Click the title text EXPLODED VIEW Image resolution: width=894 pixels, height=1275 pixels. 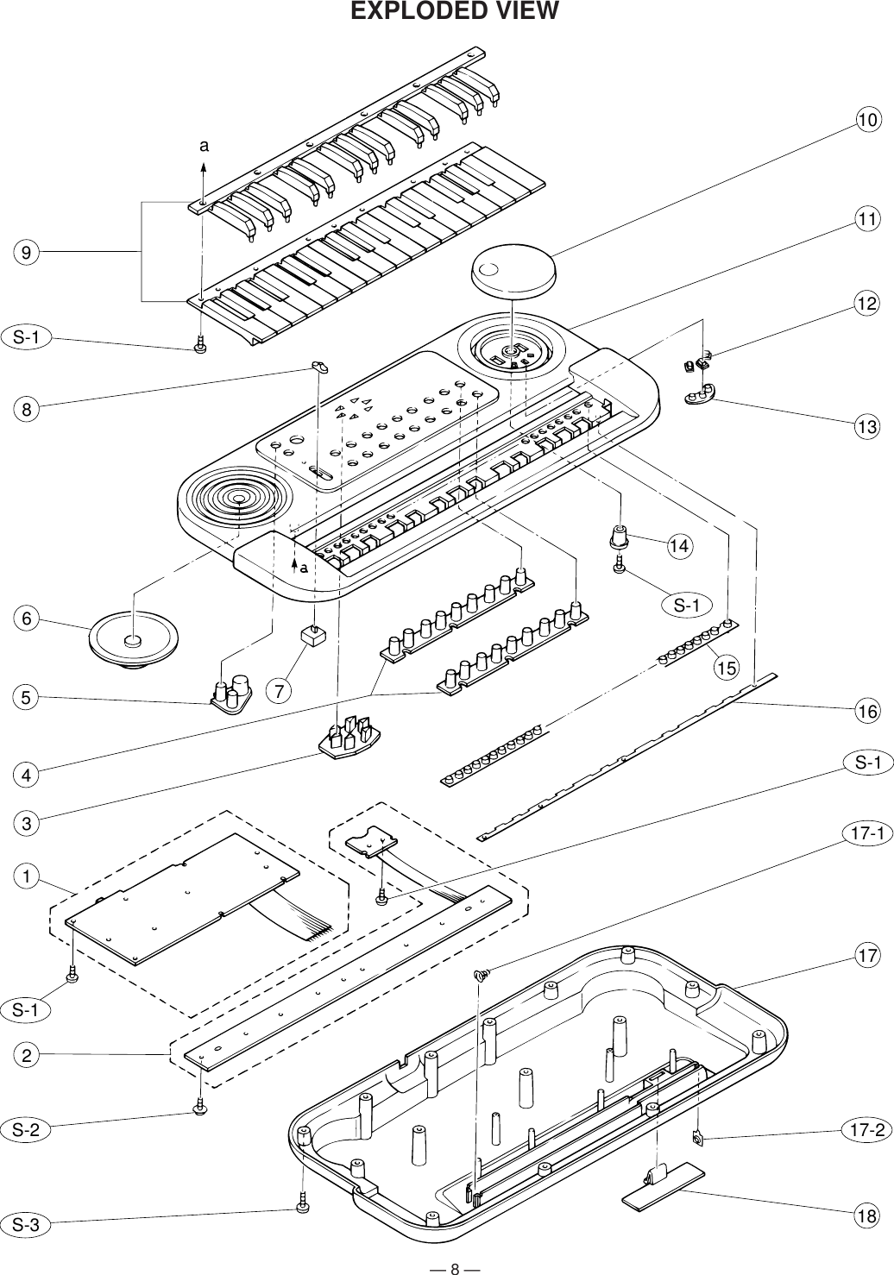(454, 12)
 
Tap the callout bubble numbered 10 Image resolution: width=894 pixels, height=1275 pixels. (868, 121)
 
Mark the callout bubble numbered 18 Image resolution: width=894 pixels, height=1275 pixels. (867, 1216)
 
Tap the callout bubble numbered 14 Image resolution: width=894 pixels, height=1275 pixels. (680, 546)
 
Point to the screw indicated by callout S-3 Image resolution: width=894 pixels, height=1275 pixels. (302, 1205)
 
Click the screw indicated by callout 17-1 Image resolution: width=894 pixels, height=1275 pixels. (480, 975)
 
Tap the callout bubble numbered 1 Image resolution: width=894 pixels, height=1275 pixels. (27, 877)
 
